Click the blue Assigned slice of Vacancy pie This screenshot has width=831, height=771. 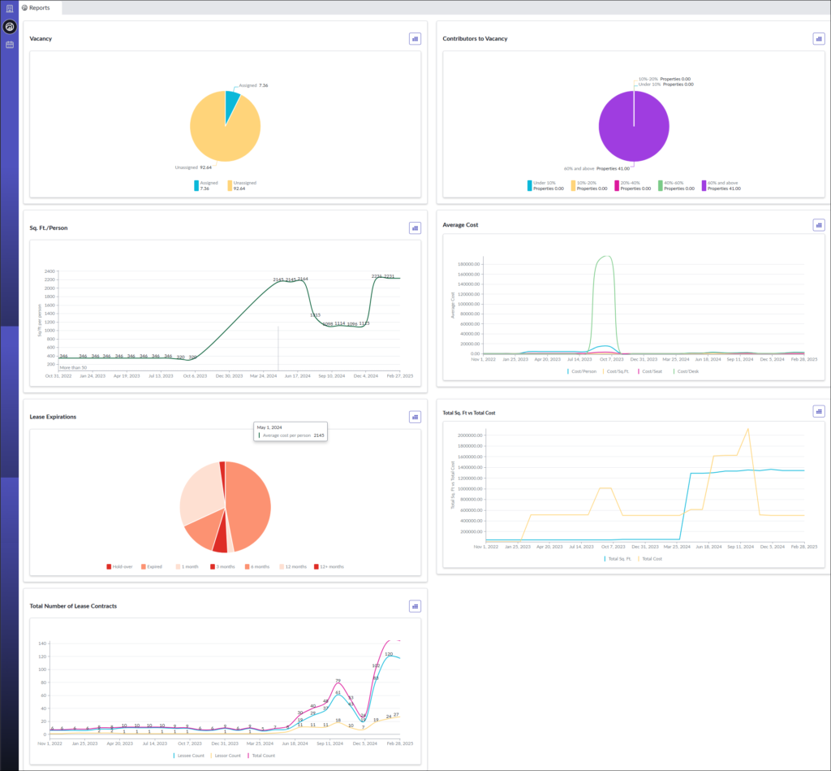point(232,101)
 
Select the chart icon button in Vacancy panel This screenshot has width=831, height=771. point(415,38)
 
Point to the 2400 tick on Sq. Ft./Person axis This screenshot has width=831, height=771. point(50,271)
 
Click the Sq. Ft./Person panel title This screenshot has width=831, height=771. point(49,228)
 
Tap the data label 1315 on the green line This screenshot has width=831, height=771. point(315,314)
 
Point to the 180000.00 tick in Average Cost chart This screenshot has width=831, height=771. point(470,264)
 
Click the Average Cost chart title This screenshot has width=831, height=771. point(460,225)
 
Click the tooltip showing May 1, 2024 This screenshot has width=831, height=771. point(290,431)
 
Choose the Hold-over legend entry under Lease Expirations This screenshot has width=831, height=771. point(119,566)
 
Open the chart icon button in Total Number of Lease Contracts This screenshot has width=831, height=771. point(415,606)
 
